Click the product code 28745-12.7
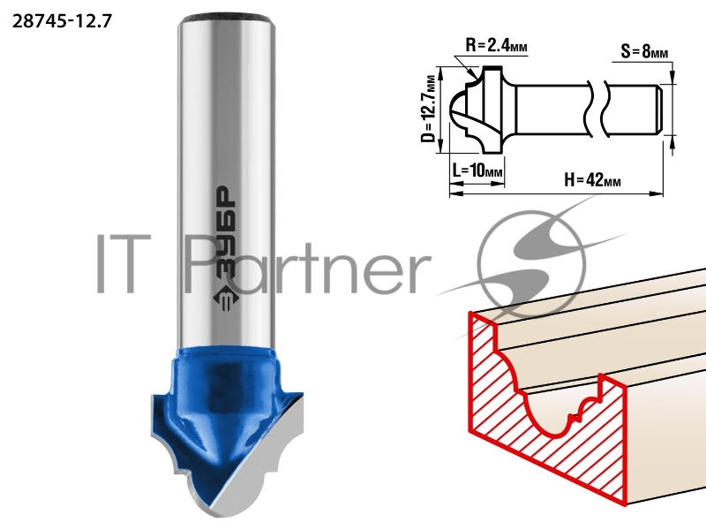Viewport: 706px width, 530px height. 62,21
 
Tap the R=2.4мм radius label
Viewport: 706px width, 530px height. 496,46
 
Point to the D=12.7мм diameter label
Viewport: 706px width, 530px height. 430,109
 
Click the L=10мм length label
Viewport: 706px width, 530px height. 477,170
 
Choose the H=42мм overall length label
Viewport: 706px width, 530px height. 592,180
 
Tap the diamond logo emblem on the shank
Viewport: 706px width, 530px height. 224,298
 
